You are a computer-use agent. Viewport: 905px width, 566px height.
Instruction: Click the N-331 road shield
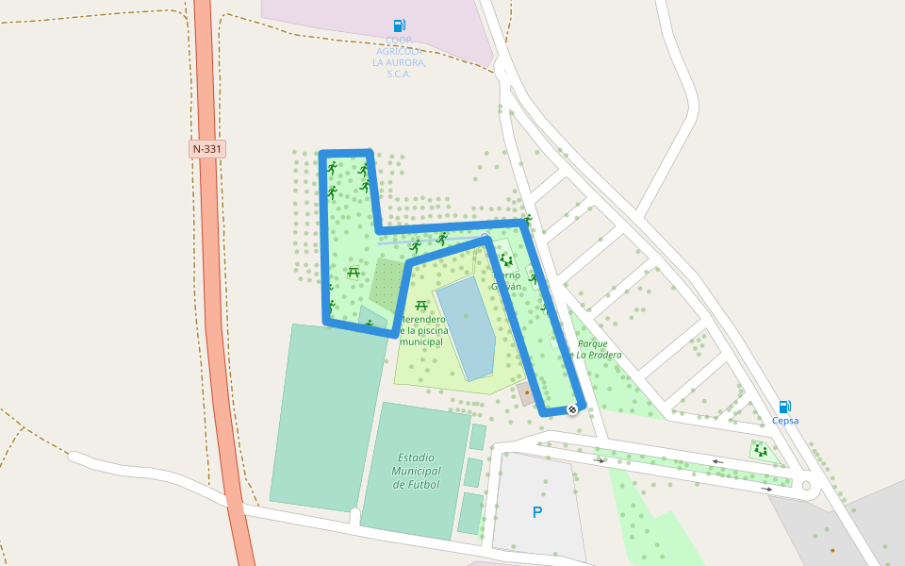tap(207, 149)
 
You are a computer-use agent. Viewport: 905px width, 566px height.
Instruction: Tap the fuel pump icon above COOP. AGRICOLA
tap(400, 25)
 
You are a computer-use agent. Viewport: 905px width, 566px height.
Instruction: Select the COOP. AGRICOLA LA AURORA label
tap(400, 57)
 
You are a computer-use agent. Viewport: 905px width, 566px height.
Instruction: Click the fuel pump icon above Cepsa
tap(785, 407)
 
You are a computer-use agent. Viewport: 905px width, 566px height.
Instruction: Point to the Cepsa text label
tap(785, 421)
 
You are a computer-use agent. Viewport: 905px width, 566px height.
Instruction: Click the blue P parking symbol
tap(537, 513)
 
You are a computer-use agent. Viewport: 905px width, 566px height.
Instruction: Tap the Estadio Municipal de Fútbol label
tap(416, 471)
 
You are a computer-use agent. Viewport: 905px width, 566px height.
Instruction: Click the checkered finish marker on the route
tap(572, 409)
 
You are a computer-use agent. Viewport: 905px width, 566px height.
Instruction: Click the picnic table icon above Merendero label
tap(421, 306)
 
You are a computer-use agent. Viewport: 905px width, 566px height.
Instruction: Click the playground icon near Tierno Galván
tap(506, 259)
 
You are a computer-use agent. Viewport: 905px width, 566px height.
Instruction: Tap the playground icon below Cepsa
tap(760, 450)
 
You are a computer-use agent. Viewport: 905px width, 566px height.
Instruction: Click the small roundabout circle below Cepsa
tap(806, 486)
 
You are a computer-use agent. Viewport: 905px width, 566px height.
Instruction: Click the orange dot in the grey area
tap(832, 550)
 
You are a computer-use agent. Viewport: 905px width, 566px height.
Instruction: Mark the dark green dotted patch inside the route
tap(387, 283)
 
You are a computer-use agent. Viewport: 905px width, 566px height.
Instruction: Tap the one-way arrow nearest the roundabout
tap(767, 490)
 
